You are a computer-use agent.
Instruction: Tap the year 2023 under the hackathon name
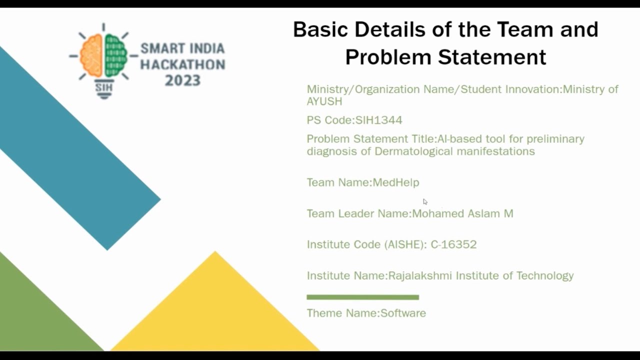182,80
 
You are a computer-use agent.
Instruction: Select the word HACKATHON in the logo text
182,64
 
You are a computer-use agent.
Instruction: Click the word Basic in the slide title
320,29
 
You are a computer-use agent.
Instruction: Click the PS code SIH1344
378,120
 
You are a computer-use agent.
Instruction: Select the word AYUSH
324,101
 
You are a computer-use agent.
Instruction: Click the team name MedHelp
396,182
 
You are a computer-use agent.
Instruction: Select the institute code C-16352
453,244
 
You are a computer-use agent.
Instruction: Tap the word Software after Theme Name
403,313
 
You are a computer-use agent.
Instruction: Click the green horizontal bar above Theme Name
362,297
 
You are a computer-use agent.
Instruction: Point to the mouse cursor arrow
425,201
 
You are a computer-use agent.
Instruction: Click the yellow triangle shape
215,310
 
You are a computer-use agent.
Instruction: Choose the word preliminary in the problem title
555,139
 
